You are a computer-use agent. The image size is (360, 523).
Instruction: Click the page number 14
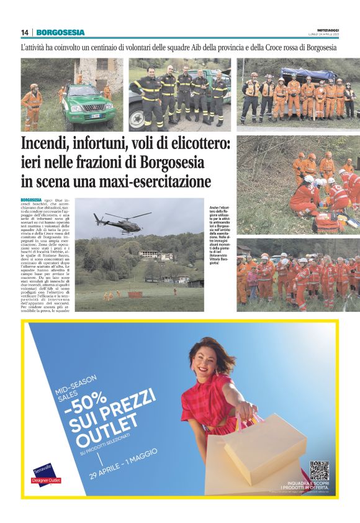[x=25, y=32]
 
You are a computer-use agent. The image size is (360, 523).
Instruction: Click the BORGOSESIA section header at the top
[x=60, y=32]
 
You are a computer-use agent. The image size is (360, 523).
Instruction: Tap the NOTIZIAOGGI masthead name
[x=323, y=30]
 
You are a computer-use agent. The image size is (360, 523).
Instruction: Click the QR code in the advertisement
[x=319, y=470]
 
